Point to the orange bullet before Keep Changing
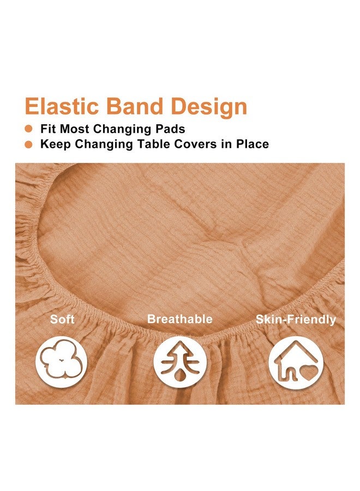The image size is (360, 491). click(29, 145)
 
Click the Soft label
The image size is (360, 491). click(62, 319)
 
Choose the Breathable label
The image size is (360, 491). click(179, 319)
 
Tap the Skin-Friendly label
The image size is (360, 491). click(296, 320)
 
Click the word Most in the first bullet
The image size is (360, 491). click(77, 130)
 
